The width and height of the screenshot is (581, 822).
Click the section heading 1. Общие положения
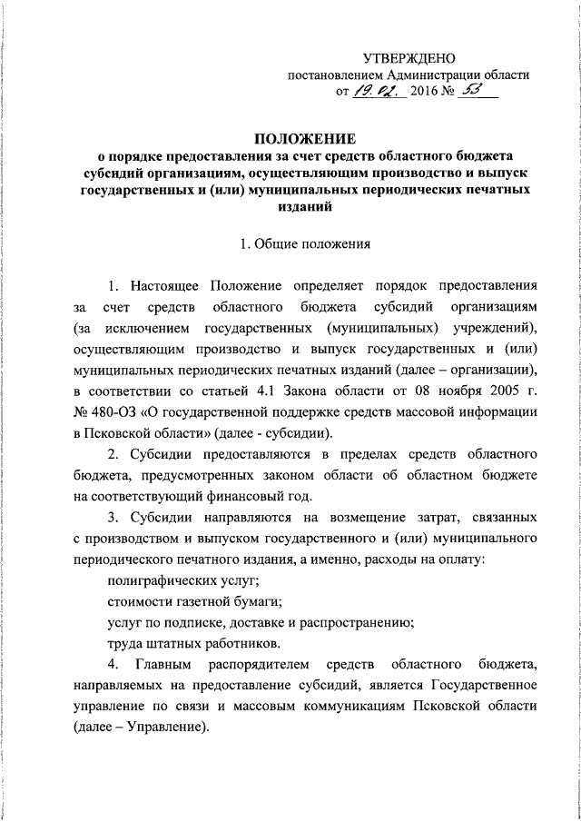pyautogui.click(x=300, y=243)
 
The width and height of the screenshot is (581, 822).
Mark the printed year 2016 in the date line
pyautogui.click(x=425, y=93)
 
